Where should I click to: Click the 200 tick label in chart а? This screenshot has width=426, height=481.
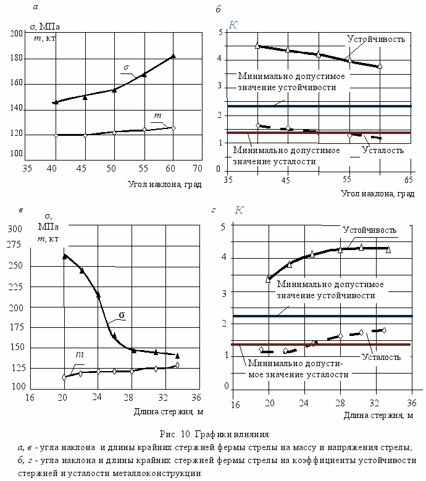click(x=17, y=33)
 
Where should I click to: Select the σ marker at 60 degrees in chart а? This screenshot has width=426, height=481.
click(x=173, y=56)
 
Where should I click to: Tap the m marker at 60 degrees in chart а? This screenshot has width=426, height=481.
click(x=173, y=128)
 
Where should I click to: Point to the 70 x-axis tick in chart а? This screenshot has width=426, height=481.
click(x=197, y=169)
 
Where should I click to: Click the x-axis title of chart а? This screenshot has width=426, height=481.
click(x=165, y=185)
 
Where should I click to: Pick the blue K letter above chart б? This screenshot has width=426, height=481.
click(x=233, y=25)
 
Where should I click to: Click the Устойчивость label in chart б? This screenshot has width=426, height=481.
click(x=376, y=39)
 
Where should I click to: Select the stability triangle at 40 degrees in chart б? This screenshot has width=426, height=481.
click(x=257, y=46)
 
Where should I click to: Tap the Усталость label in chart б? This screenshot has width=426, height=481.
click(x=383, y=150)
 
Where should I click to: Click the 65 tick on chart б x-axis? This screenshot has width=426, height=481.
click(x=409, y=180)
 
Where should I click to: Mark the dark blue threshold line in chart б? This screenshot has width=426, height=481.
click(x=319, y=106)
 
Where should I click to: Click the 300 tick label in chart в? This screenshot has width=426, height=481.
click(x=15, y=229)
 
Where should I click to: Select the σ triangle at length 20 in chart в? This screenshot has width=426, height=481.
click(x=65, y=256)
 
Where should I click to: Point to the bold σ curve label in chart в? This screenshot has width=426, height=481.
click(x=122, y=315)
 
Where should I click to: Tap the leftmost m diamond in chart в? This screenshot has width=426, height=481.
click(x=64, y=377)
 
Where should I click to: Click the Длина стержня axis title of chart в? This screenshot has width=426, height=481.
click(x=169, y=412)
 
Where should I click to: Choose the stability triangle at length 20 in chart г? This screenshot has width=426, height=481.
click(x=269, y=279)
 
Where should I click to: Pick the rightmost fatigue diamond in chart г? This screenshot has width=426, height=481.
click(x=384, y=330)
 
